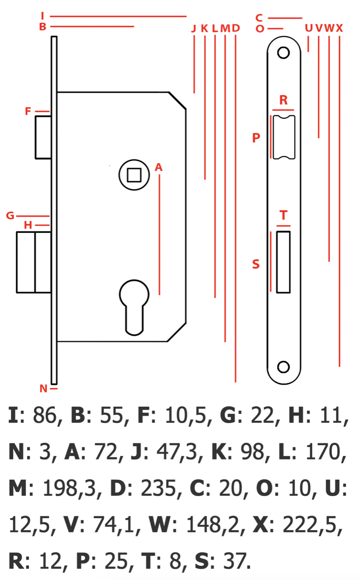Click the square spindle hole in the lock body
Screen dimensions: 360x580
(x=134, y=175)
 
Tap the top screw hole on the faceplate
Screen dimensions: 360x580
(x=284, y=53)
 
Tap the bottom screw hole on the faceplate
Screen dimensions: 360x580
(x=284, y=367)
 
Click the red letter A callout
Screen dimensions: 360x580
(x=159, y=167)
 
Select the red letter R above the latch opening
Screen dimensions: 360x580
(x=284, y=100)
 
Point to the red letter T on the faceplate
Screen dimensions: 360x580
(x=284, y=215)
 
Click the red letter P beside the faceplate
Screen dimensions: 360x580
(x=256, y=138)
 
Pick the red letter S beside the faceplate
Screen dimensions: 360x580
(x=256, y=264)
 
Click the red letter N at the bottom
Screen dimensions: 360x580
(x=44, y=388)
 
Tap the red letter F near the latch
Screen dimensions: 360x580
(x=28, y=111)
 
